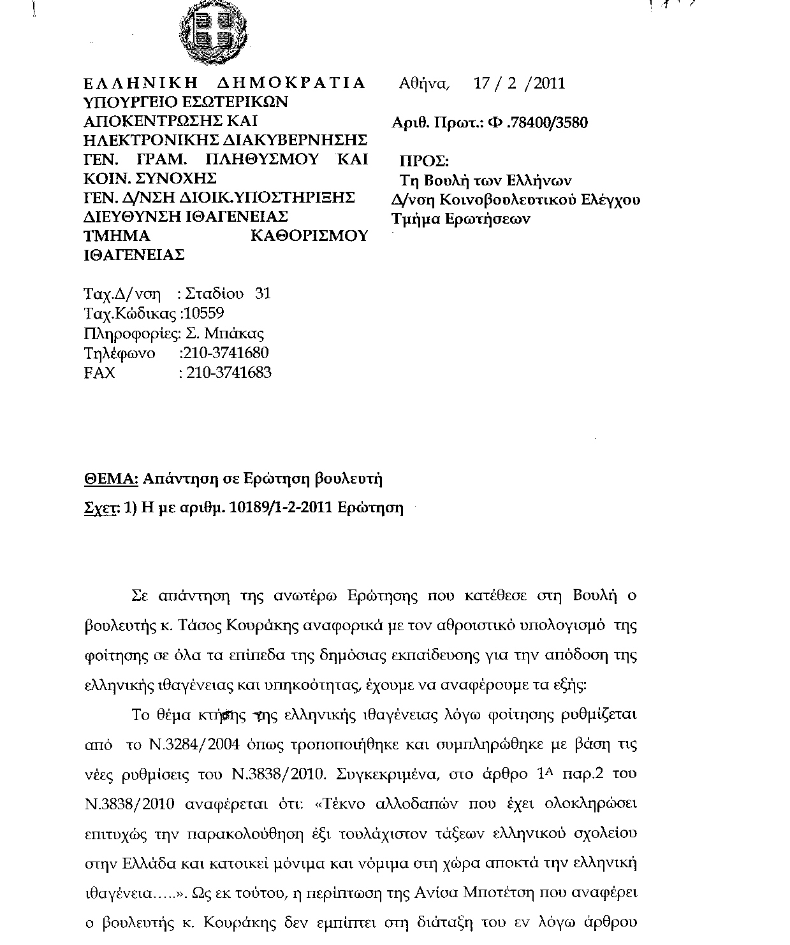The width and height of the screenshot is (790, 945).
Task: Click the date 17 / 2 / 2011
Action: [519, 83]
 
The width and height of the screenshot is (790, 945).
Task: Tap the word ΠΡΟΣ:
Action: [424, 161]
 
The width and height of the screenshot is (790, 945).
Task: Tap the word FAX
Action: [99, 373]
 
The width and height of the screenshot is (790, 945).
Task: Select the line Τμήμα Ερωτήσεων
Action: [461, 219]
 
